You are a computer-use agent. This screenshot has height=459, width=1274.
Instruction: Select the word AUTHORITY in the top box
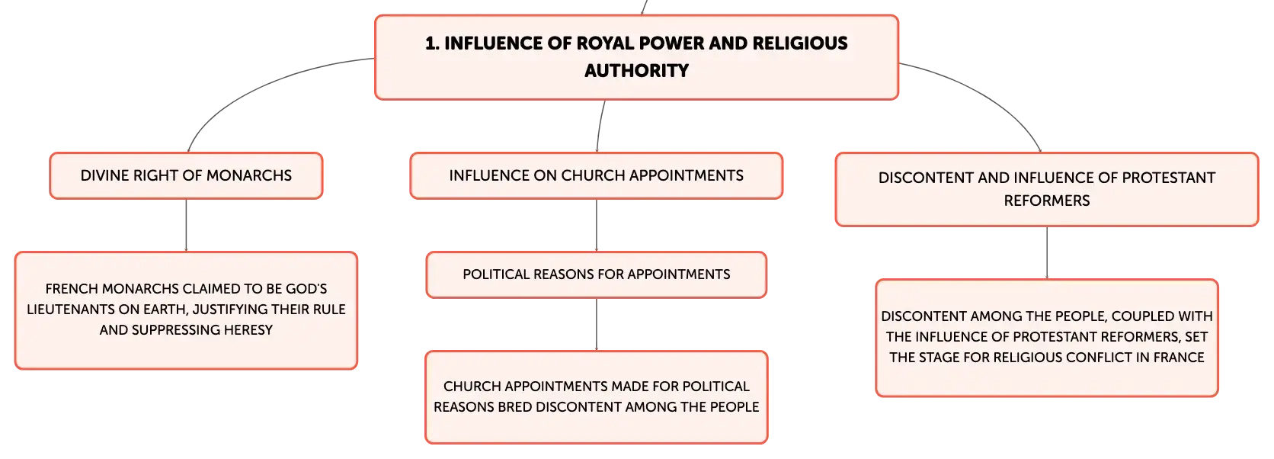(x=636, y=71)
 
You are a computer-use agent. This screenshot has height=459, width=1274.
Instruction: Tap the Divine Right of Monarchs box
(x=186, y=176)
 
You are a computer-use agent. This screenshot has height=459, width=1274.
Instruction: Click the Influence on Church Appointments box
(x=596, y=176)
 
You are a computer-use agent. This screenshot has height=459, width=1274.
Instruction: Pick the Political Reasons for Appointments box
(x=596, y=274)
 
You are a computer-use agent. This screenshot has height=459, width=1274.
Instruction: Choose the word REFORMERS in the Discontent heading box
(x=1046, y=201)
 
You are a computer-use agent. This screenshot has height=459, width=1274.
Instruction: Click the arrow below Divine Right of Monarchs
(x=186, y=225)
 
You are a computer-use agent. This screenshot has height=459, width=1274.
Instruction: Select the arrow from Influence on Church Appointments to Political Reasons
(x=596, y=225)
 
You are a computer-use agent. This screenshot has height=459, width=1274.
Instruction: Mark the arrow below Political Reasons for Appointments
(x=596, y=324)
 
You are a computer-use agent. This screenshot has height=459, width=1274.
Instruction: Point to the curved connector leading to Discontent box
(x=987, y=94)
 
